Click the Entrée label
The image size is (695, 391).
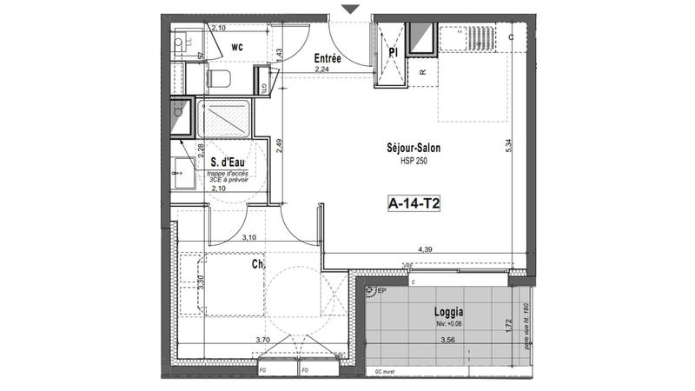pos(327,58)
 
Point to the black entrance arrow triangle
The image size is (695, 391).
pos(349,9)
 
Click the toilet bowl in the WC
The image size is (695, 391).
pos(219,80)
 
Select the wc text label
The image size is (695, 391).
pos(236,49)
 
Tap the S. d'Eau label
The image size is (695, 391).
pos(225,162)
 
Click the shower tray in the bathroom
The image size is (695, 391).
pos(224,119)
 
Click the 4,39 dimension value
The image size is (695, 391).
pos(426,249)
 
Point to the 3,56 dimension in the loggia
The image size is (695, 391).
pos(448,341)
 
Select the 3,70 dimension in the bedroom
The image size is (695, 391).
pos(263,341)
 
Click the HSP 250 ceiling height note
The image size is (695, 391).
pos(414,161)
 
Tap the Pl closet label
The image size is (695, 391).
pos(393,52)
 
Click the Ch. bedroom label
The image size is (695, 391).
pos(258,263)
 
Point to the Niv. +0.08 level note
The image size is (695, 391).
pos(448,325)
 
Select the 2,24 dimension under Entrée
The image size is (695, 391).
pos(321,70)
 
